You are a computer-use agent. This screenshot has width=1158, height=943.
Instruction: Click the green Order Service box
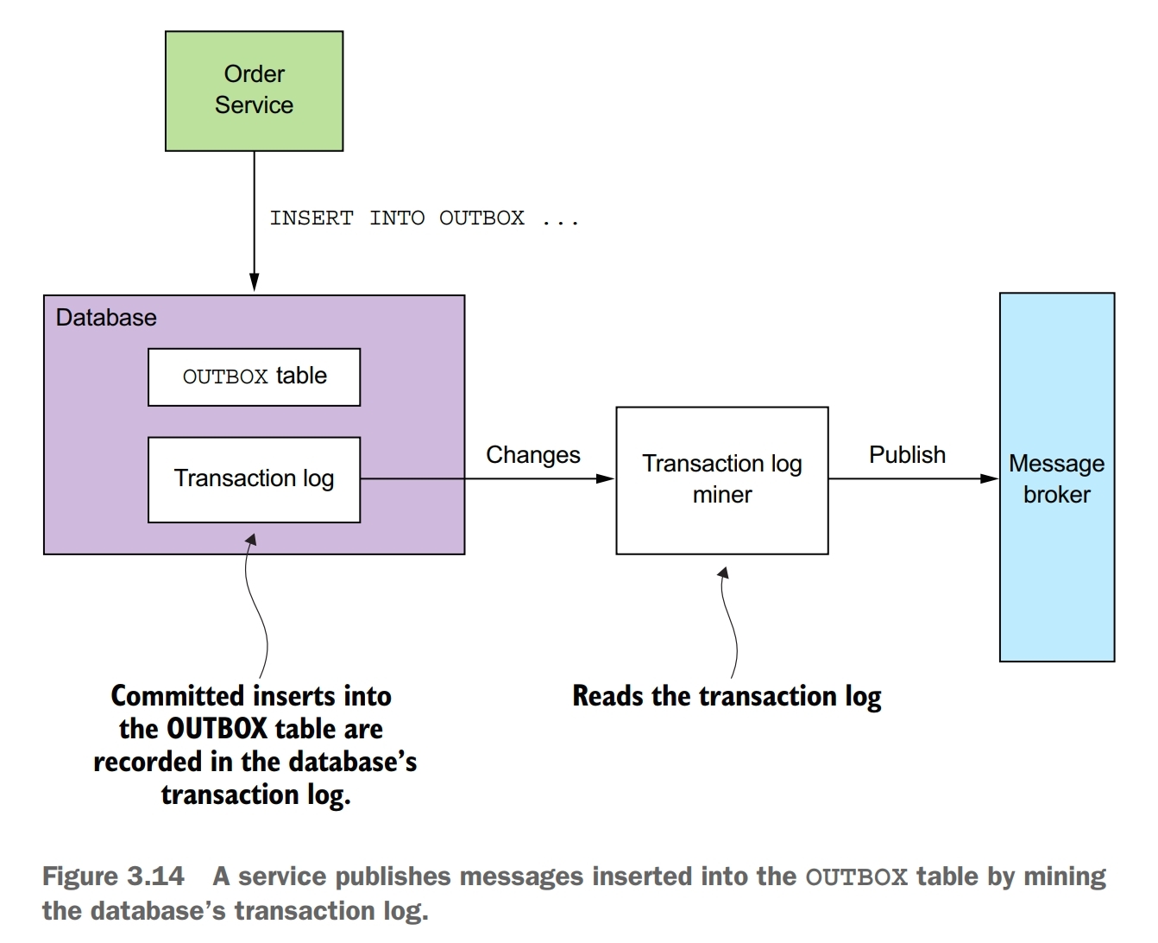point(254,91)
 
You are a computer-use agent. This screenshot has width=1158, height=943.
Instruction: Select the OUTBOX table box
point(254,377)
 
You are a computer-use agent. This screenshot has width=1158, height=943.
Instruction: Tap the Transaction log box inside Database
point(254,479)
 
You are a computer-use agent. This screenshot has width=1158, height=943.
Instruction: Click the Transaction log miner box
point(721,480)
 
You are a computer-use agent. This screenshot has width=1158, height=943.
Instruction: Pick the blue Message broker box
point(1056,478)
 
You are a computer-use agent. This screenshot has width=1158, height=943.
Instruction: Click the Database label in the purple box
point(106,318)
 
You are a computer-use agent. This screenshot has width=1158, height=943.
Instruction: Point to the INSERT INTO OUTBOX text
point(424,218)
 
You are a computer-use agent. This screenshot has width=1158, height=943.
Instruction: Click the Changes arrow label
point(532,455)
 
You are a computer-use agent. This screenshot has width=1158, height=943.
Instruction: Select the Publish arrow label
point(906,455)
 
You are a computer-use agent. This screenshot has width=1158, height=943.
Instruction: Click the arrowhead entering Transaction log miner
point(607,478)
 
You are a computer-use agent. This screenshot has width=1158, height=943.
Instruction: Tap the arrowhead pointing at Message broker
point(991,478)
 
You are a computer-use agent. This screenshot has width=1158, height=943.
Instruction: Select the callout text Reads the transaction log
point(727,696)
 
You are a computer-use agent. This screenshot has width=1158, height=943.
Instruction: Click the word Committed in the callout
point(177,696)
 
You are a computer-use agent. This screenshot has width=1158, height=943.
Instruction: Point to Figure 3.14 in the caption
point(113,877)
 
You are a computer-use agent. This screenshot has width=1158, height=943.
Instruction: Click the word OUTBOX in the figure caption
point(856,877)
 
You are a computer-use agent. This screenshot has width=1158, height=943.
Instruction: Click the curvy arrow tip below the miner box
point(723,573)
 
